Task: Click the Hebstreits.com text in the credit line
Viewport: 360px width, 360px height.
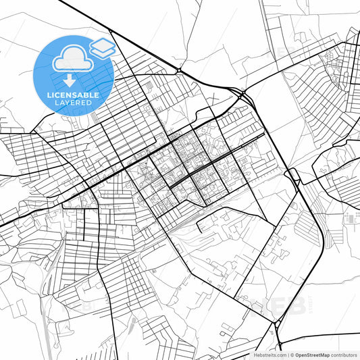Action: (x=269, y=354)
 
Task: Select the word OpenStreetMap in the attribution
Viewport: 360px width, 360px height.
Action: (x=307, y=354)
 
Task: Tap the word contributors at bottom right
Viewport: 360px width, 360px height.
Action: (x=340, y=354)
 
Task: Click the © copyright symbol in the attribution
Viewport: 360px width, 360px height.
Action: (x=290, y=354)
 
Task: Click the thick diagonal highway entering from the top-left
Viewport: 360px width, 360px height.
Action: (x=101, y=27)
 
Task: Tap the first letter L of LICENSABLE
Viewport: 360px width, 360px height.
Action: (x=48, y=95)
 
